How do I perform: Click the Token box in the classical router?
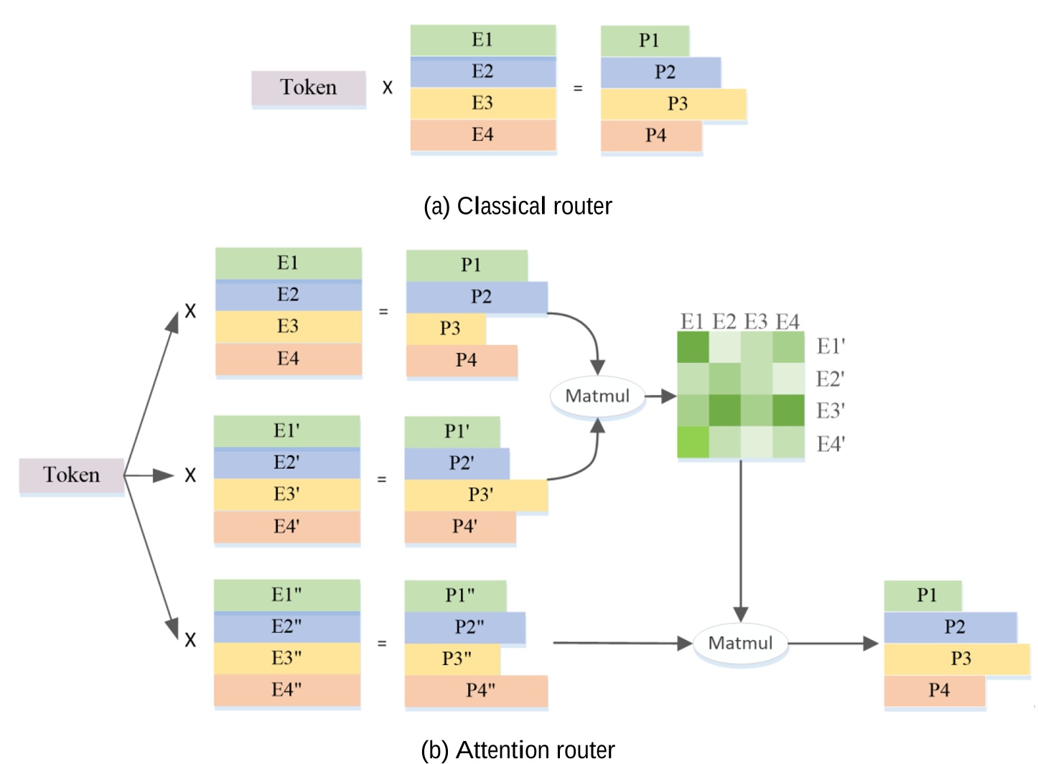point(308,88)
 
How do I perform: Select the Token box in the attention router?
point(71,475)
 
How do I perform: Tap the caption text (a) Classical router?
point(518,206)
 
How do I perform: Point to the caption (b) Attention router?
point(518,750)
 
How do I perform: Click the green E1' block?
point(286,431)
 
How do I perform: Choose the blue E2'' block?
point(286,627)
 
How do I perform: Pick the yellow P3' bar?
point(476,495)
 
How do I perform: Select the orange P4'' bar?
point(476,690)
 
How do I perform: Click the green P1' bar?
point(452,431)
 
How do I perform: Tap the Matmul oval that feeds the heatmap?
point(597,396)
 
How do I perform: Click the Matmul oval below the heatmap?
point(740,643)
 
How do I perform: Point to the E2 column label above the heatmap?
point(724,321)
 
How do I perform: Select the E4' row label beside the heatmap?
point(831,444)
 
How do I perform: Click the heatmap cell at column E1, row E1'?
point(693,348)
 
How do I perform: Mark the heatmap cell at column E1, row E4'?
point(693,442)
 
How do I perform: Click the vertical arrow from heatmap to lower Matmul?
point(741,538)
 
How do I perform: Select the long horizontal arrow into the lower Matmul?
point(621,643)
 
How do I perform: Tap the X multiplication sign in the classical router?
point(388,88)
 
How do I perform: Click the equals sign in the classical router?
point(578,88)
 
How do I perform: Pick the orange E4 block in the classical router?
point(483,135)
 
